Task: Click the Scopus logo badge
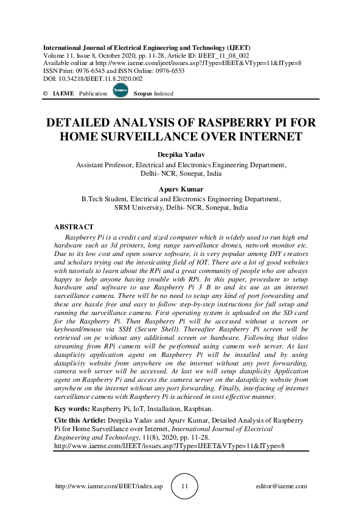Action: [120, 92]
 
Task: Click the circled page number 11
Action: [186, 486]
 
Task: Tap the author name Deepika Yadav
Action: [181, 154]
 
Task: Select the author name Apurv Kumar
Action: [181, 189]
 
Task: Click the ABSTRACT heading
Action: [74, 227]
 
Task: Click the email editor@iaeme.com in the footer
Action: [281, 486]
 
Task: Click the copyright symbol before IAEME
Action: [46, 94]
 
